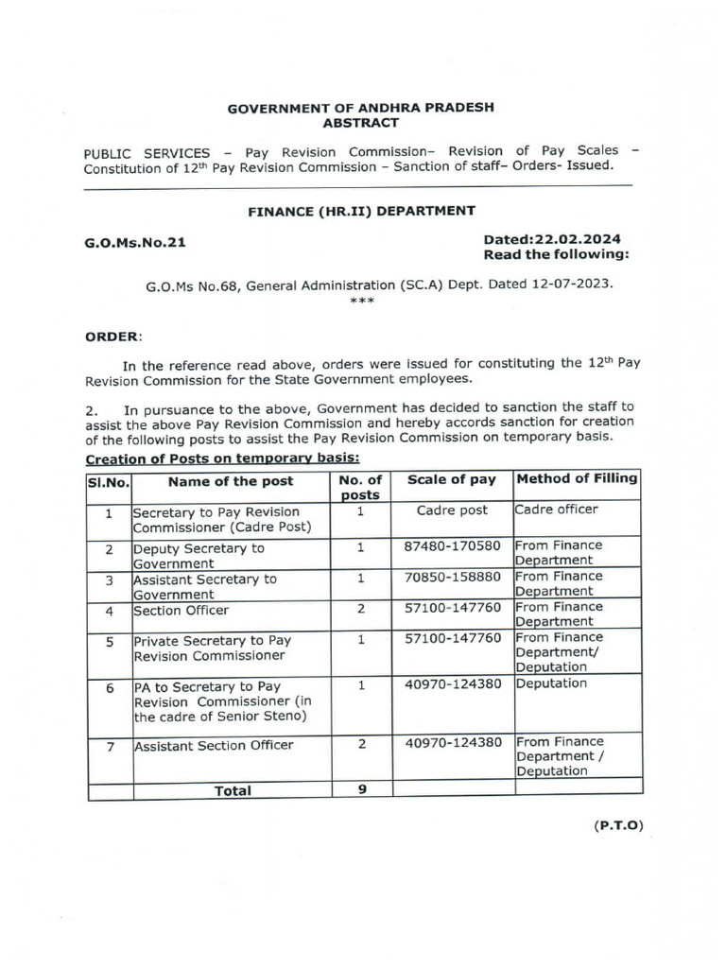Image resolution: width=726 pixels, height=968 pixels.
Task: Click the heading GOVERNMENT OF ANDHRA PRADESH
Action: click(361, 109)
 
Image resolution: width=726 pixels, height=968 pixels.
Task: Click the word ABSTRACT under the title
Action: click(361, 123)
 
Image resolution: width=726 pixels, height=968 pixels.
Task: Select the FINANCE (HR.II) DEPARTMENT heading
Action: click(361, 211)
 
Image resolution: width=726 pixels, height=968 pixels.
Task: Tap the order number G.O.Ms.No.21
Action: click(136, 242)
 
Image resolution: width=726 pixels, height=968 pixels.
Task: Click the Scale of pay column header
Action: click(451, 480)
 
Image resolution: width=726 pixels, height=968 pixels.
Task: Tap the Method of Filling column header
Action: click(578, 479)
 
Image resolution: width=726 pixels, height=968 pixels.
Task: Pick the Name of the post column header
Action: click(231, 481)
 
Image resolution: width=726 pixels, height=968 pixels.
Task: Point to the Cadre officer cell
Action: click(558, 510)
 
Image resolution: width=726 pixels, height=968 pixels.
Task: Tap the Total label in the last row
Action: click(233, 790)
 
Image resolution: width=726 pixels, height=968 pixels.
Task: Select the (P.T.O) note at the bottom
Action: click(618, 825)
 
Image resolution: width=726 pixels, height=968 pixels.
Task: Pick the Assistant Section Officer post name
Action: click(214, 746)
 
